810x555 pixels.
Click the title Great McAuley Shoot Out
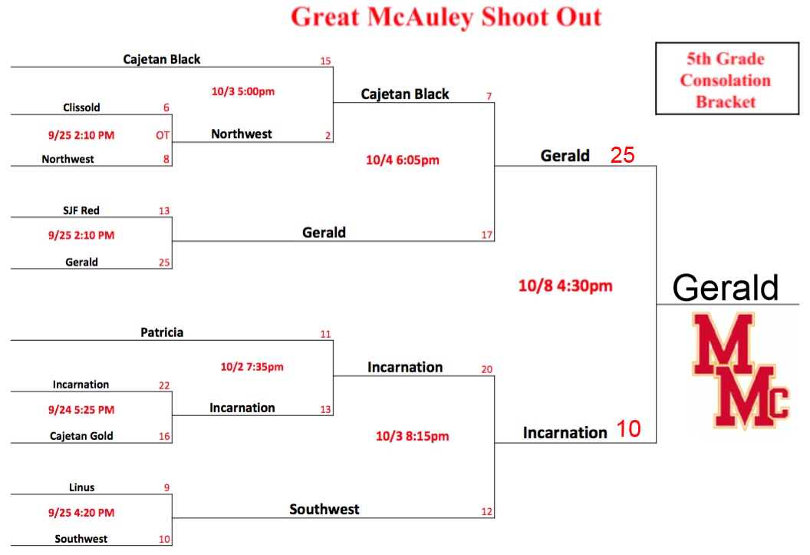(x=446, y=17)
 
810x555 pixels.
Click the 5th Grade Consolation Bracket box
(x=727, y=78)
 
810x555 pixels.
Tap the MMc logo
(x=740, y=370)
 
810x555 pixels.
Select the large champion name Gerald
(x=726, y=287)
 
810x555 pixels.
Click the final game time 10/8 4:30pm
(x=565, y=286)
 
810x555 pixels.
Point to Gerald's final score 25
(x=623, y=155)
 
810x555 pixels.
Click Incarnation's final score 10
(x=629, y=429)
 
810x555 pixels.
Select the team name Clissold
(x=81, y=107)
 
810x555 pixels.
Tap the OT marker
(x=163, y=135)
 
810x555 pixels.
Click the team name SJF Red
(x=81, y=210)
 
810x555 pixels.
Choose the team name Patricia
(x=162, y=332)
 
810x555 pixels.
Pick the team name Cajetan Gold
(x=81, y=435)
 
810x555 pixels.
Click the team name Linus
(x=81, y=487)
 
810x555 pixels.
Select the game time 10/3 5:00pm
(x=243, y=91)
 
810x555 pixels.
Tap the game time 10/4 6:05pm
(x=403, y=160)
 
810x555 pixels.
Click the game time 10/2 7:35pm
(x=252, y=367)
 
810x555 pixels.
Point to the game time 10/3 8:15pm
(x=412, y=436)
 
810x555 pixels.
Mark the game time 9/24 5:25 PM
(x=81, y=410)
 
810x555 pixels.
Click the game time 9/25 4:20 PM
(x=81, y=513)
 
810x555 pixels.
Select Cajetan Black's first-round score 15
(x=325, y=61)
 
